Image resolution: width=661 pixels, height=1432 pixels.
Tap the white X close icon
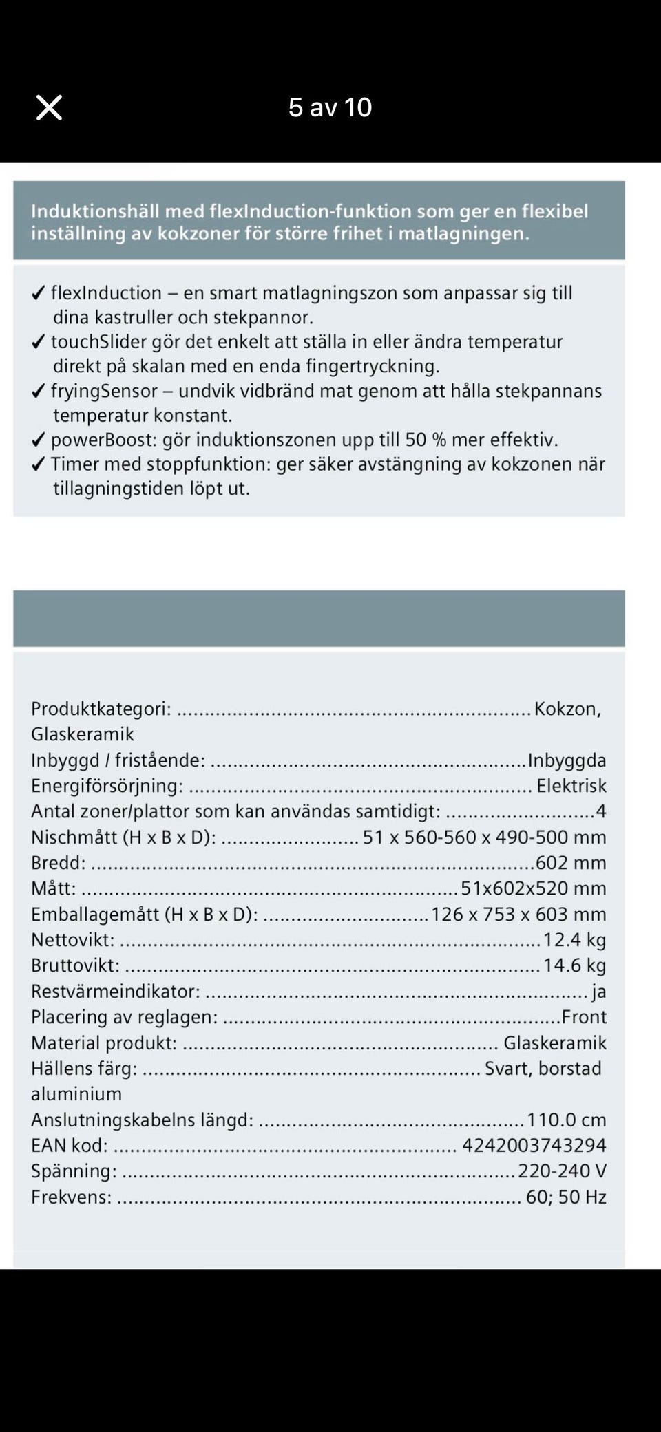tap(49, 107)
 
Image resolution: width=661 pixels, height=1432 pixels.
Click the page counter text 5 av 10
tap(330, 107)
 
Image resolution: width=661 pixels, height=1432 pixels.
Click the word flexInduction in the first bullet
tap(106, 293)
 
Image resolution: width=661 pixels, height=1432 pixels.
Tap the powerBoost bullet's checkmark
tap(39, 440)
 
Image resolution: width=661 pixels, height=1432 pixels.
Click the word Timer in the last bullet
tap(70, 464)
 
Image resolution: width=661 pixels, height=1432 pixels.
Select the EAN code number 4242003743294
tap(534, 1145)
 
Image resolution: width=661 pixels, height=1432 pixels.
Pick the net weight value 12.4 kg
tap(574, 939)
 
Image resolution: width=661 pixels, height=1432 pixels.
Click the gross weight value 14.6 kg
tap(574, 965)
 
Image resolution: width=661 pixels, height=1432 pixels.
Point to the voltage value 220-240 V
tap(562, 1171)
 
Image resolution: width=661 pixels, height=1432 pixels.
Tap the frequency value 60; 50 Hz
tap(566, 1197)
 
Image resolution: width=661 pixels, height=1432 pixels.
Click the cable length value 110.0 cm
tap(566, 1120)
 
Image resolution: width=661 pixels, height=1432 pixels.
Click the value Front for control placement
tap(584, 1016)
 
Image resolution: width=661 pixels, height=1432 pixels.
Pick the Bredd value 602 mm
tap(571, 862)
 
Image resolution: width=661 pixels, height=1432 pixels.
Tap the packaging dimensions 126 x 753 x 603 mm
tap(518, 914)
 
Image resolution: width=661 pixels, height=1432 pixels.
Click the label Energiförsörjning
tap(107, 785)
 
